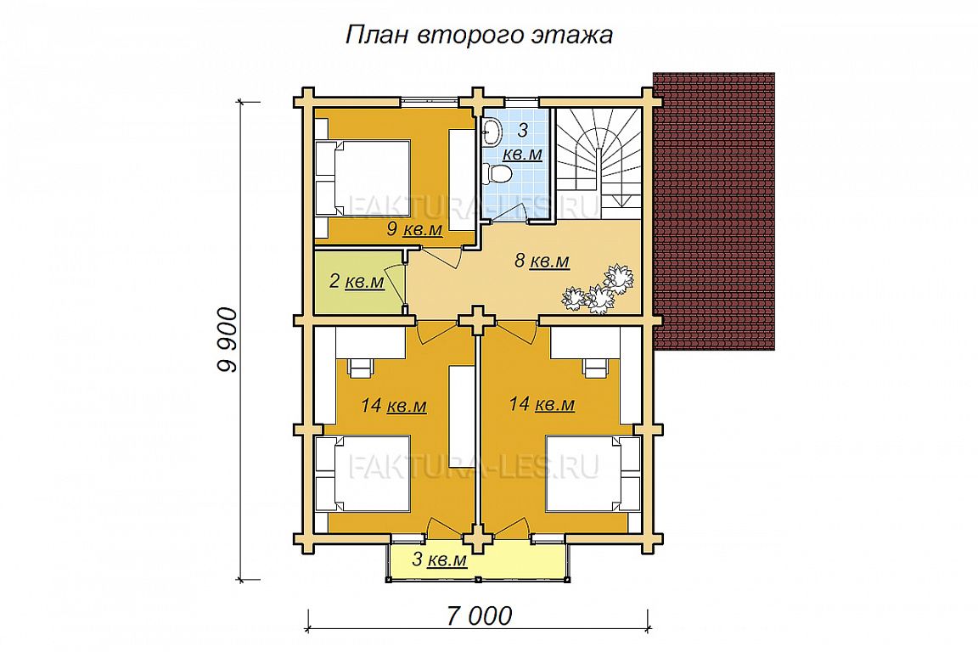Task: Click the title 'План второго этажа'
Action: point(479,36)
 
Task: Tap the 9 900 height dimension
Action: point(228,340)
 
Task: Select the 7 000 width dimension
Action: point(479,615)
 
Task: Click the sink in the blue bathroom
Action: point(492,130)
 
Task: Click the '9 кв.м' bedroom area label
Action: point(414,229)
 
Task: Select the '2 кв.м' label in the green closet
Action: point(357,281)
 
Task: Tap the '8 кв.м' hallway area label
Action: point(542,261)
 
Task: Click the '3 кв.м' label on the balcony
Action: point(440,559)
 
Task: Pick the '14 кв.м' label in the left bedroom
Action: point(394,406)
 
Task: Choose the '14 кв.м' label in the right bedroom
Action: point(542,405)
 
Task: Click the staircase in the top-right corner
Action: point(599,164)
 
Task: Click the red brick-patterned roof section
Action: point(714,213)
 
